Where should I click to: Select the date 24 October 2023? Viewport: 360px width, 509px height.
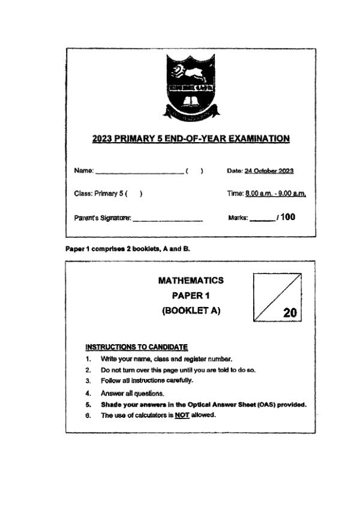[269, 171]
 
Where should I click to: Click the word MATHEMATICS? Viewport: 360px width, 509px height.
[190, 280]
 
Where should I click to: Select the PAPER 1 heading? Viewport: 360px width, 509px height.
[190, 295]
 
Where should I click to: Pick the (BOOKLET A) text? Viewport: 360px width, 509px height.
[191, 311]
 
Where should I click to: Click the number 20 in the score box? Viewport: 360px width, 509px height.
[289, 312]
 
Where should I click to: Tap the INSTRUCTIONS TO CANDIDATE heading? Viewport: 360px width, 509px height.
[137, 347]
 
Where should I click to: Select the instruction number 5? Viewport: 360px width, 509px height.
[88, 404]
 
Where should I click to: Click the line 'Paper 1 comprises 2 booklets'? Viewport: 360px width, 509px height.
[128, 248]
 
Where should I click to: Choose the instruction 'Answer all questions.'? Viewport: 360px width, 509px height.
[132, 393]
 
